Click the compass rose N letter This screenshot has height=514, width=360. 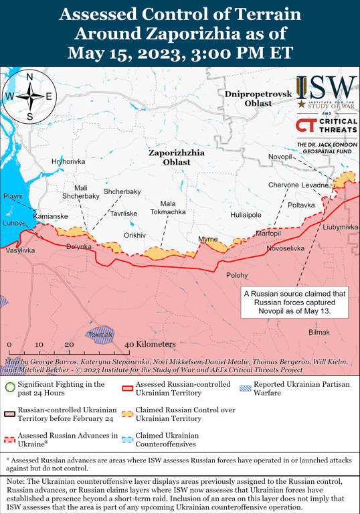[29, 77]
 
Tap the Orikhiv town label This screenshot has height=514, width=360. [134, 236]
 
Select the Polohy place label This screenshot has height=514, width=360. [236, 275]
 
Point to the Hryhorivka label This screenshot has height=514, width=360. [68, 162]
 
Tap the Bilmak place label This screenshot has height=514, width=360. [319, 333]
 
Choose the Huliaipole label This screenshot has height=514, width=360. [246, 216]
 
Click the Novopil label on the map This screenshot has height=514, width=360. [280, 157]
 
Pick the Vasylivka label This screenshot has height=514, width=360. [20, 250]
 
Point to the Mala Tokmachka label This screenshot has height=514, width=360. [164, 207]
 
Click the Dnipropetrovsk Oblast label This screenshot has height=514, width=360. [258, 98]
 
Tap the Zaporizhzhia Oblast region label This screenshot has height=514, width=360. [177, 157]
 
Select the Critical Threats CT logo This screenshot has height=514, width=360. [306, 124]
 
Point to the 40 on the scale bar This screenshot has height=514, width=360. [129, 344]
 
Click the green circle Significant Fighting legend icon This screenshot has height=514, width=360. [9, 386]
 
